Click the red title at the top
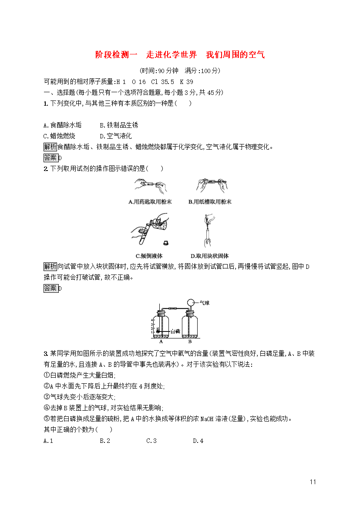pyautogui.click(x=180, y=55)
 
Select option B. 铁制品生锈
pyautogui.click(x=119, y=125)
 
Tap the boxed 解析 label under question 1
pyautogui.click(x=50, y=147)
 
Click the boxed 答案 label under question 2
pyautogui.click(x=50, y=288)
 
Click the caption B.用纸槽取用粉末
pyautogui.click(x=210, y=202)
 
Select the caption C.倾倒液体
pyautogui.click(x=149, y=256)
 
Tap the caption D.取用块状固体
pyautogui.click(x=210, y=256)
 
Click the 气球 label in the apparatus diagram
pyautogui.click(x=204, y=302)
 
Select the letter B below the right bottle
pyautogui.click(x=190, y=342)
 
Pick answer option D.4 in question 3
pyautogui.click(x=198, y=441)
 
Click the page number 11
pyautogui.click(x=313, y=482)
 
